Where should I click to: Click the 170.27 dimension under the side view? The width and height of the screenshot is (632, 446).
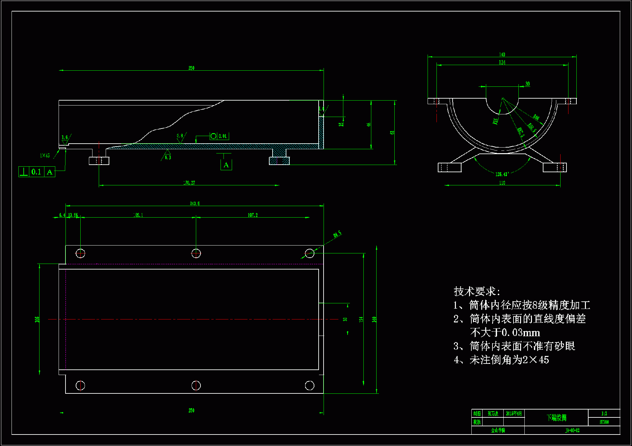click(x=189, y=183)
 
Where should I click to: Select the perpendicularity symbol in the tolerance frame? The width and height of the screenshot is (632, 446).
click(x=24, y=172)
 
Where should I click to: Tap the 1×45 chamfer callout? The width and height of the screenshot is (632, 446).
click(x=45, y=155)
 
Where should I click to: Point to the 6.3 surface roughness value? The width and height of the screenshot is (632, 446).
click(x=168, y=157)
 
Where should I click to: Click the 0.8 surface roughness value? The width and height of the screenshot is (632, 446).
click(x=180, y=136)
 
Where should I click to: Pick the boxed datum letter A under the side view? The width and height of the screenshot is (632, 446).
click(x=226, y=165)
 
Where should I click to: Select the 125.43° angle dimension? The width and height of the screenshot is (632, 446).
click(x=502, y=174)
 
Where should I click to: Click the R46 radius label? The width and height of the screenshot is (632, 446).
click(x=536, y=117)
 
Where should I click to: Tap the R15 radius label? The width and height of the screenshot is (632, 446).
click(x=495, y=121)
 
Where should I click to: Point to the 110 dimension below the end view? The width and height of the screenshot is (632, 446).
click(x=502, y=183)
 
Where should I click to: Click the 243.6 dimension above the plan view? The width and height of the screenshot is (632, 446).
click(x=195, y=203)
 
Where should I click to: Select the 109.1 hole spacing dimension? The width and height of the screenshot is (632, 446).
click(x=138, y=215)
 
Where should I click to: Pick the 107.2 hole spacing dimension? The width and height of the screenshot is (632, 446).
click(x=253, y=215)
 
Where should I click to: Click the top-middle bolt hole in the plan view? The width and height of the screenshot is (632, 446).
click(x=196, y=253)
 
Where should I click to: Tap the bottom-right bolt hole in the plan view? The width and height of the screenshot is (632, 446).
click(x=310, y=385)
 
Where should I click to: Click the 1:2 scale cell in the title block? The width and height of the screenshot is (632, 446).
click(x=604, y=413)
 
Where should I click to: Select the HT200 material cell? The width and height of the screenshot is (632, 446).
click(x=604, y=422)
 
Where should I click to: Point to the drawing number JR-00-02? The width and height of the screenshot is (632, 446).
click(x=572, y=430)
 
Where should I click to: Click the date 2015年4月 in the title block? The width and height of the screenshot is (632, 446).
click(x=514, y=413)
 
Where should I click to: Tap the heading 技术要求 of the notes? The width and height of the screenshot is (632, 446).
click(x=477, y=291)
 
